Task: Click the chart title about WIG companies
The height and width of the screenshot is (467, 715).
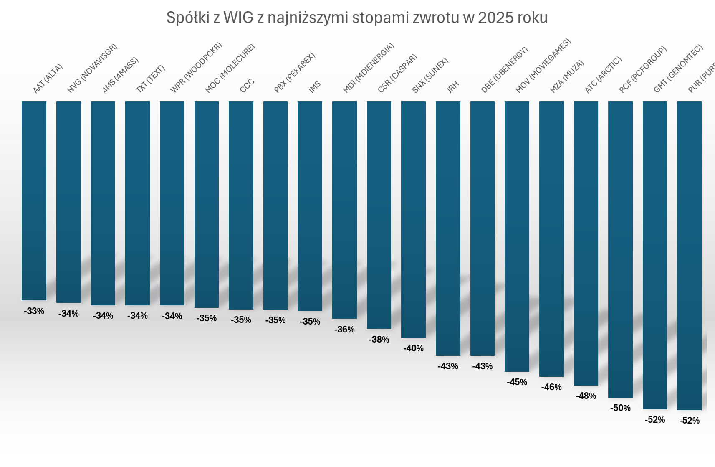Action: tap(357, 18)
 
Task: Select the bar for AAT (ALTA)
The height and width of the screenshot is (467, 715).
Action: tap(34, 201)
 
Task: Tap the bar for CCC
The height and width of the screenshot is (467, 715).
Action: tap(241, 205)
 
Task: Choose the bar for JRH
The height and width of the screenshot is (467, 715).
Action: tap(448, 228)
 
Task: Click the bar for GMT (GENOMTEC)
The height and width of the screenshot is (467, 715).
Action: tap(654, 255)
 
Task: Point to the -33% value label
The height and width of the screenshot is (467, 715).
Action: tap(34, 311)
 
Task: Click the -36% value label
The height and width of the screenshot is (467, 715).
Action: tap(344, 330)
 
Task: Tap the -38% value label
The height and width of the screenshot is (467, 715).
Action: tap(379, 340)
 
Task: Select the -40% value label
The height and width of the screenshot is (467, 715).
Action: tap(413, 348)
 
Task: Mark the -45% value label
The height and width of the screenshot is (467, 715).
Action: tap(517, 382)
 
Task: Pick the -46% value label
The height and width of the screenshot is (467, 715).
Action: tap(551, 387)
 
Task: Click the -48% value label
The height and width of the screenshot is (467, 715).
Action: tap(586, 396)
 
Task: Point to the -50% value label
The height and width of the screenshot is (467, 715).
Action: tap(620, 408)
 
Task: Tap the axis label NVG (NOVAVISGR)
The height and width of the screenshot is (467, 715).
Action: tap(92, 69)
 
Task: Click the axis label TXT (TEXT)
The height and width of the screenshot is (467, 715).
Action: tap(150, 79)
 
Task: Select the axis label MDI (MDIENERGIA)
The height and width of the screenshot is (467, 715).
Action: tap(368, 68)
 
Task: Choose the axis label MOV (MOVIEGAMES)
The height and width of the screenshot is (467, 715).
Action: tap(543, 66)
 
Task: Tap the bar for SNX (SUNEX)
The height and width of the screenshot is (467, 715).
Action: tap(413, 219)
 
